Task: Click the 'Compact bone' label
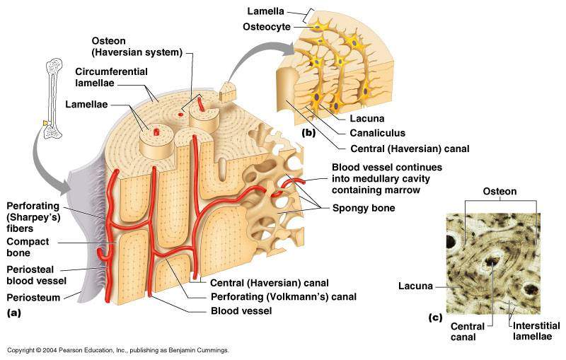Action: pyautogui.click(x=28, y=247)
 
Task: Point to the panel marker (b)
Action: pyautogui.click(x=308, y=132)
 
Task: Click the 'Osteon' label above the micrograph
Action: pyautogui.click(x=499, y=191)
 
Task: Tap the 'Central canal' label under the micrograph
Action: pyautogui.click(x=468, y=332)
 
